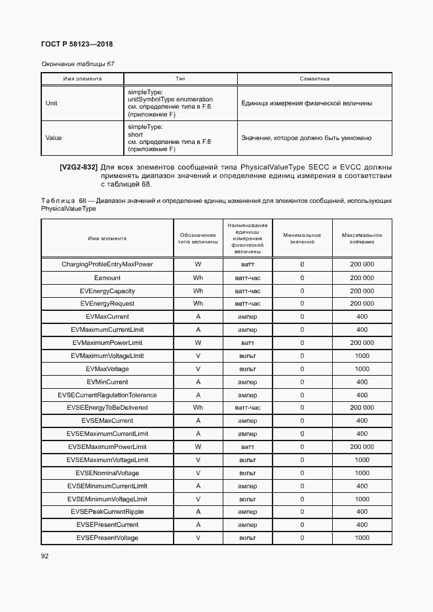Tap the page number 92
point(45,556)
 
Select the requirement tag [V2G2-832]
point(79,168)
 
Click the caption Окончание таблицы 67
point(78,64)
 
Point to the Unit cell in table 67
point(51,103)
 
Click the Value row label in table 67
point(53,138)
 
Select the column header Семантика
point(314,79)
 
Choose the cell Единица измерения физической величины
point(307,103)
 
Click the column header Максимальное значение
point(362,238)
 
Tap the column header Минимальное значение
point(302,238)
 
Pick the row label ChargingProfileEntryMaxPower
point(107,264)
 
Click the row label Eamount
point(107,278)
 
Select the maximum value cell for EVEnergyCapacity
point(362,291)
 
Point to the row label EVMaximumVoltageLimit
point(107,355)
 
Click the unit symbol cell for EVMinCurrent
point(198,382)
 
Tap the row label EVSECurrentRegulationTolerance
point(107,395)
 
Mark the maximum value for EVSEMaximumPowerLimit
point(362,446)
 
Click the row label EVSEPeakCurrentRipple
point(107,511)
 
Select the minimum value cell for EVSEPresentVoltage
point(302,537)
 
